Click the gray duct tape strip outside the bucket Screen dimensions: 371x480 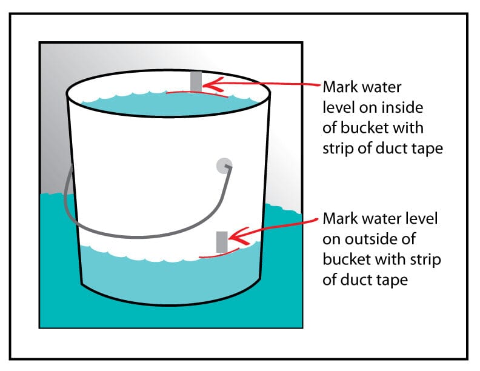(x=222, y=241)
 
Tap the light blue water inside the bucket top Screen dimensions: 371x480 (x=164, y=107)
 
